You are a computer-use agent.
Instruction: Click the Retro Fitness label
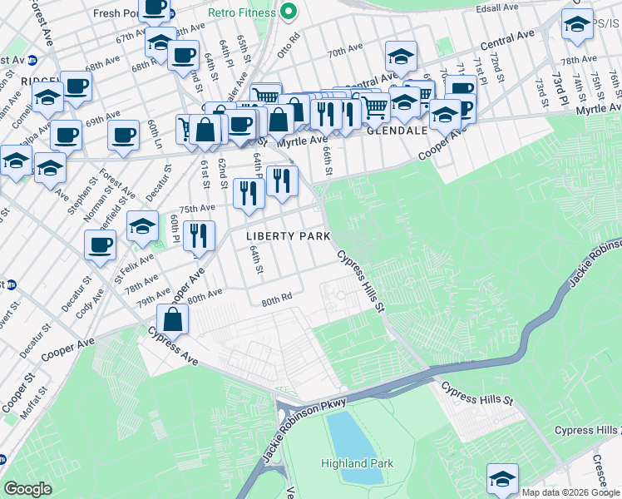coord(244,12)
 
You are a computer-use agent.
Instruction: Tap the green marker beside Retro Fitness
coord(289,12)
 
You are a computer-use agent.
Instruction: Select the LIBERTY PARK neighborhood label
coord(282,236)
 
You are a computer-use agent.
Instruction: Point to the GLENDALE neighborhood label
coord(397,131)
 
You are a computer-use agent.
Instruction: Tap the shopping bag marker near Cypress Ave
coord(172,318)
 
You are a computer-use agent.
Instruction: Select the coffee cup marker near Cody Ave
coord(100,245)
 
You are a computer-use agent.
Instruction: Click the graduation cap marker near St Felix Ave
coord(142,225)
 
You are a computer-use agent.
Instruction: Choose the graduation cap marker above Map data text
coord(501,478)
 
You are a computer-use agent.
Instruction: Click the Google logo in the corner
coord(27,489)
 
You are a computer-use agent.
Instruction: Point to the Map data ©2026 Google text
coord(570,492)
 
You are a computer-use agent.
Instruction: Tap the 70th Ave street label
coord(344,52)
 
